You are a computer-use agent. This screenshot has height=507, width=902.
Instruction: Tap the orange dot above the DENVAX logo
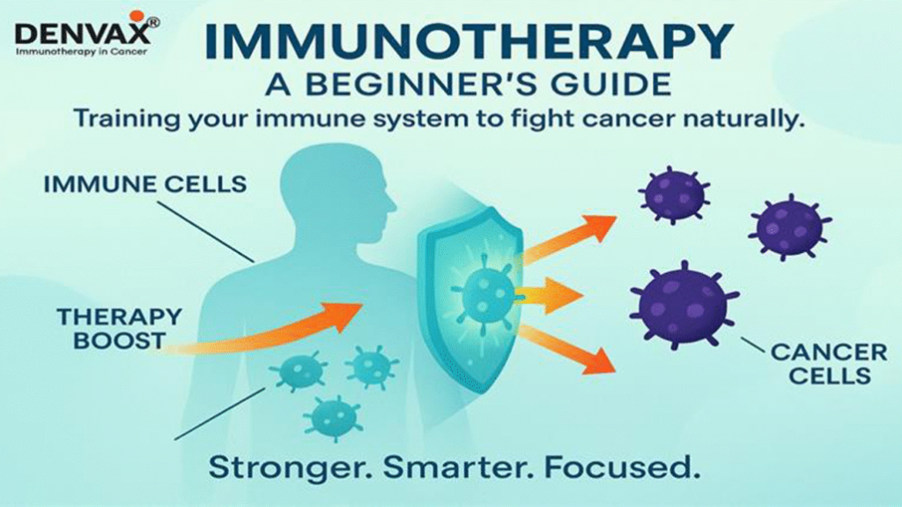136,15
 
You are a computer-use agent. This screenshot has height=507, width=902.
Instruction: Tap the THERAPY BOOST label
119,327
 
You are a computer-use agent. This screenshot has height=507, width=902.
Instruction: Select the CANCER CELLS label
828,364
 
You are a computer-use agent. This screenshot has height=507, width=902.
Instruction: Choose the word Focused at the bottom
616,465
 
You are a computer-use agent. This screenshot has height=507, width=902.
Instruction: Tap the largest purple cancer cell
684,304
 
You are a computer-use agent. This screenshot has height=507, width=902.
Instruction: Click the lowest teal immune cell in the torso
333,414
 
